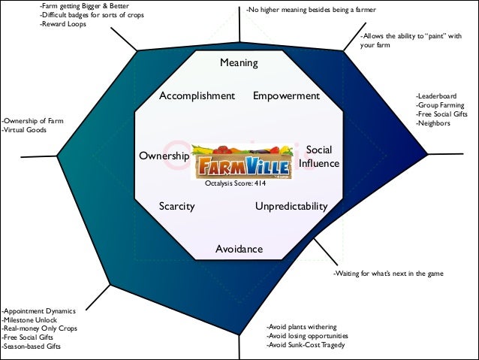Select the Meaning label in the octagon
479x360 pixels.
point(239,63)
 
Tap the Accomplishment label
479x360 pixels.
point(197,96)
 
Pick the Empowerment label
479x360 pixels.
point(286,96)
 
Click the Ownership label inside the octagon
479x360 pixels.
point(164,156)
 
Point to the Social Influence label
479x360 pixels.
point(319,157)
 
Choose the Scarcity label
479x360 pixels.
point(177,206)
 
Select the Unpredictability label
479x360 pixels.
point(291,206)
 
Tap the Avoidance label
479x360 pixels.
point(239,249)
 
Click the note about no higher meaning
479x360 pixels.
point(311,10)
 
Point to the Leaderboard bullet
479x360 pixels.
point(438,96)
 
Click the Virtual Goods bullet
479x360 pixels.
point(25,130)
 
